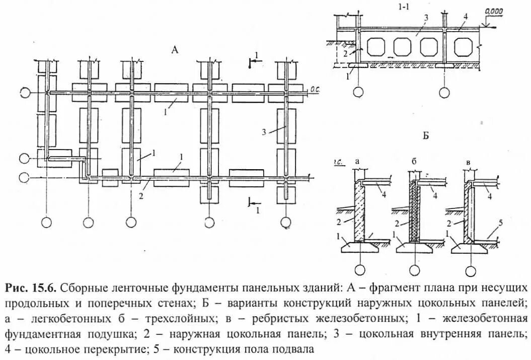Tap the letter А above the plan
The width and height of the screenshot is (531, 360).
175,49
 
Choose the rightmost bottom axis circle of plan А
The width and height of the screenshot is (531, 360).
286,221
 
